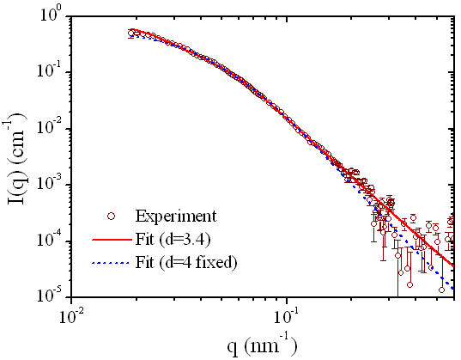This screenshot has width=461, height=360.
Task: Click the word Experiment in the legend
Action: coord(174,215)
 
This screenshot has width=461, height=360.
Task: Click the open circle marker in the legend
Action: coord(108,215)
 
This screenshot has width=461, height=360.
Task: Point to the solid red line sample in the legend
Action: coord(108,236)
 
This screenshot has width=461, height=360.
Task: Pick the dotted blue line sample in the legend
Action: coord(108,258)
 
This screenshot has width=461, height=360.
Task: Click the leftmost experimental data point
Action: coord(131,34)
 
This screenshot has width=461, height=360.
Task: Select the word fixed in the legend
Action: coord(217,258)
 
